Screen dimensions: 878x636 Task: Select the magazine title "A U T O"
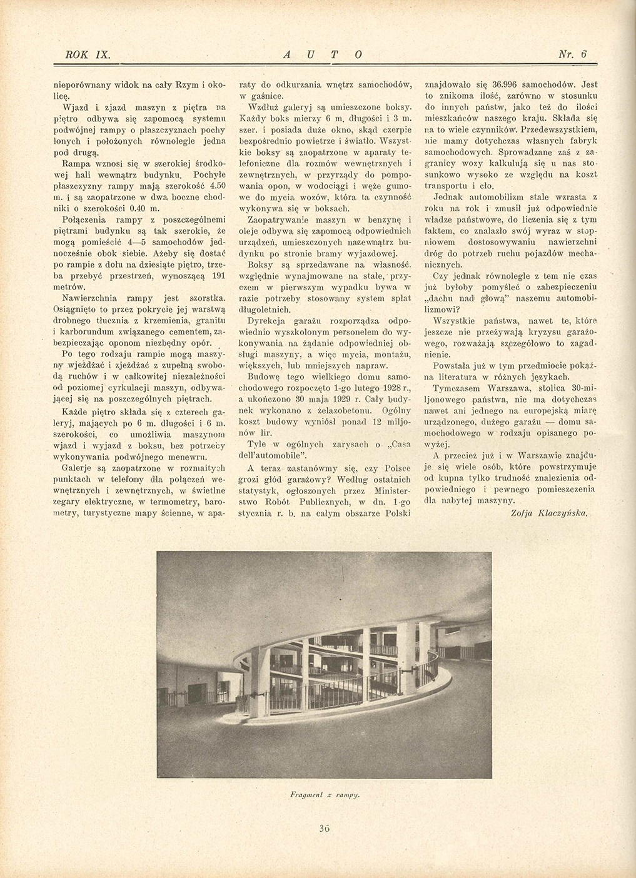coord(323,54)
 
